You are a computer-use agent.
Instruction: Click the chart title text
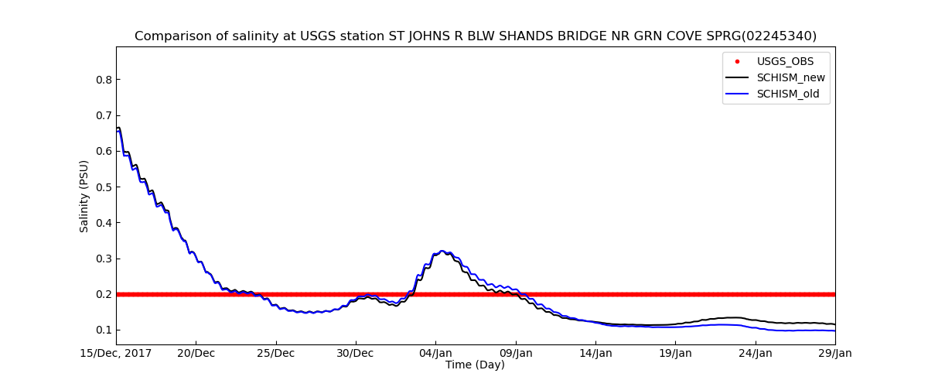tap(475, 36)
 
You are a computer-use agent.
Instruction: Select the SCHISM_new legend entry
tap(790, 77)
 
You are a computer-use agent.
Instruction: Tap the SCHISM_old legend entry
tap(787, 94)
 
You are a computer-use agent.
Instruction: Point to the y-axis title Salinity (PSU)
tap(84, 196)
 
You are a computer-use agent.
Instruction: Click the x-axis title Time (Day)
tap(475, 365)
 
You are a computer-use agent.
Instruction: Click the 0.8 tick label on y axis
tap(103, 80)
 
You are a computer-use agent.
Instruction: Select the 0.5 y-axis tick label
tap(103, 187)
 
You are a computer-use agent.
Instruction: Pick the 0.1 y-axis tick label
tap(103, 330)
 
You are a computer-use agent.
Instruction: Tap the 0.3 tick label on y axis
tap(103, 259)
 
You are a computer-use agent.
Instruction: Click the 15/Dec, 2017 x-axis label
tap(116, 354)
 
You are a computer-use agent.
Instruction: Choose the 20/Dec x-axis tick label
tap(196, 354)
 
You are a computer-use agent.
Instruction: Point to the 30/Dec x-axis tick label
tap(356, 354)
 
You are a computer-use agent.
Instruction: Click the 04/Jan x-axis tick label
tap(435, 354)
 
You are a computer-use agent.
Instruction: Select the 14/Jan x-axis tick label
tap(595, 354)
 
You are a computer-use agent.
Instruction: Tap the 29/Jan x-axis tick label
tap(834, 354)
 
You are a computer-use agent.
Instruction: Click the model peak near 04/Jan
tap(442, 251)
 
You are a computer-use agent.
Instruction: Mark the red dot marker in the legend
tap(737, 61)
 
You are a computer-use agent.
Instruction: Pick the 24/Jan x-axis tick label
tap(756, 354)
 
